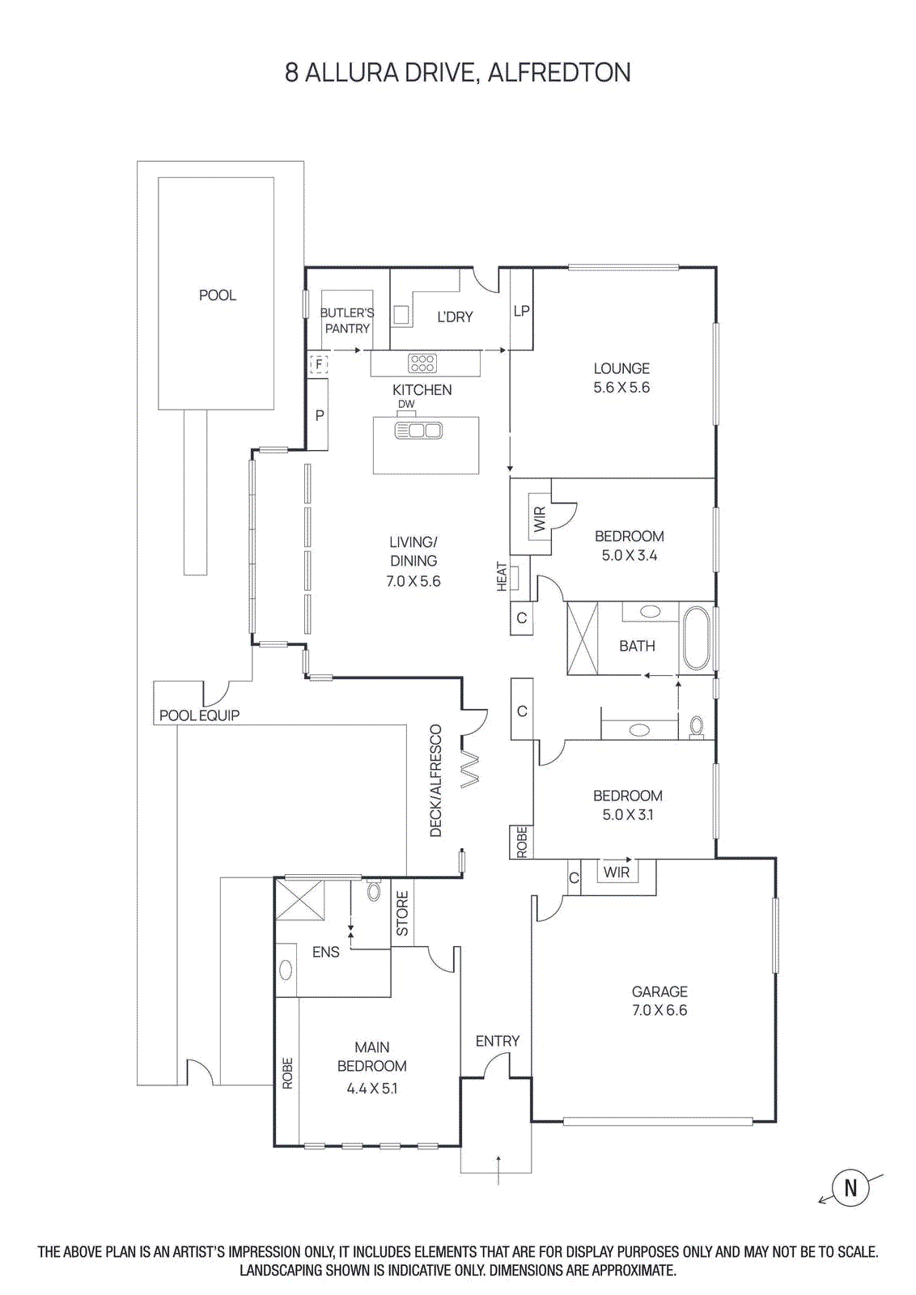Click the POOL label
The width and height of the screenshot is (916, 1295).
pos(218,295)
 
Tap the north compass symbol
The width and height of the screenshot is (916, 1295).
pos(850,1188)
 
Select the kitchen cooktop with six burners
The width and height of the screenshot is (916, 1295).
pos(422,363)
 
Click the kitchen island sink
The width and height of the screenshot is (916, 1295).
pos(418,431)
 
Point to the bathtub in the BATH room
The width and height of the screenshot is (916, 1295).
pos(696,639)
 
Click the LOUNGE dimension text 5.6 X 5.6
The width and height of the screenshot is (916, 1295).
pos(621,388)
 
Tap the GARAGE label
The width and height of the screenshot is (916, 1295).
pos(659,991)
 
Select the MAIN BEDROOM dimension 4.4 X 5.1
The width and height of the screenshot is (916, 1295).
pos(372,1089)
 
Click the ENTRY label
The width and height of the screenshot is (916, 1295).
pos(497,1041)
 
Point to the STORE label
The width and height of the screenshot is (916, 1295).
pos(402,913)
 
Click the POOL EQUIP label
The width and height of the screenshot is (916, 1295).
pos(199,715)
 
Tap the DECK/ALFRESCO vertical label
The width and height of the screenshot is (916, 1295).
pos(436,781)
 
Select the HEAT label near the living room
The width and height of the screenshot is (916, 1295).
pos(502,577)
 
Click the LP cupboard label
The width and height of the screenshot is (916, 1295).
pos(522,311)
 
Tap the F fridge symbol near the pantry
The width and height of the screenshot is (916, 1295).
pos(320,364)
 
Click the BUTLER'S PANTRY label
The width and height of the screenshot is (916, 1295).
pos(347,321)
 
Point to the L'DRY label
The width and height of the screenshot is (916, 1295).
pos(455,317)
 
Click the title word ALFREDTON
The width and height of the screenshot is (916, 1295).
pos(558,73)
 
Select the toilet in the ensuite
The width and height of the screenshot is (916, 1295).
pos(373,891)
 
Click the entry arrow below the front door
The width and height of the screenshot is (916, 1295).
pos(498,1170)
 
